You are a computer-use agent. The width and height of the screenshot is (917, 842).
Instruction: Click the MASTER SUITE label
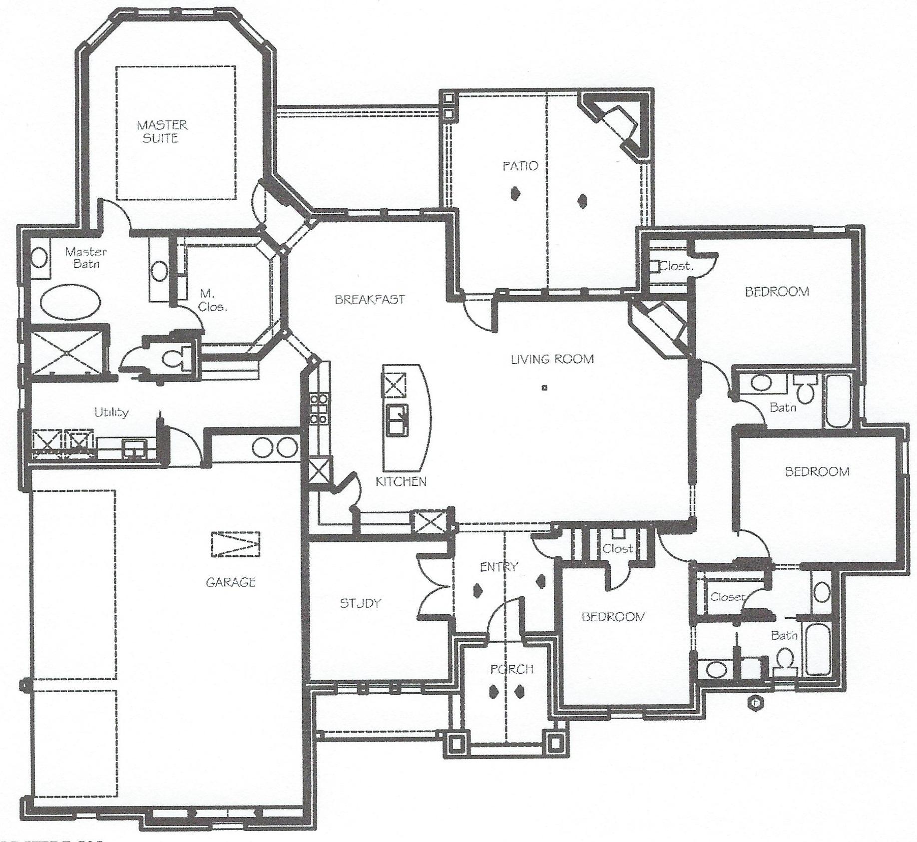(162, 131)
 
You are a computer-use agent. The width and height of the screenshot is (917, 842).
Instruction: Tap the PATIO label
(520, 166)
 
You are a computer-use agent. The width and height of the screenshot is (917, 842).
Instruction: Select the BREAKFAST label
(370, 300)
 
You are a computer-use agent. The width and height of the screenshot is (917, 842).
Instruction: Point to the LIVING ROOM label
(552, 359)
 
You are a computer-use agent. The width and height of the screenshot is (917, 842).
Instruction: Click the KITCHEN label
(401, 481)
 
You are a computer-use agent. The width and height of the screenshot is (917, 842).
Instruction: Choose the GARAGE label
(231, 582)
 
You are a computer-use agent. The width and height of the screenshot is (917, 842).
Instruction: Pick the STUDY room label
(360, 603)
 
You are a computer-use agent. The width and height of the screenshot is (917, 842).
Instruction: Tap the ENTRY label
(498, 567)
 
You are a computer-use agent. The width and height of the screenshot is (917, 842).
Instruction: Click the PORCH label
(511, 669)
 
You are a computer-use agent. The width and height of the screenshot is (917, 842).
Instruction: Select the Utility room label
(112, 412)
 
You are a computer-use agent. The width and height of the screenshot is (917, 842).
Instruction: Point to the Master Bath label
(86, 257)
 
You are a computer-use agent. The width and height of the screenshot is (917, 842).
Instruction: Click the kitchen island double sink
(396, 420)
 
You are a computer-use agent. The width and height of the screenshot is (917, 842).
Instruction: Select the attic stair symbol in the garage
(236, 544)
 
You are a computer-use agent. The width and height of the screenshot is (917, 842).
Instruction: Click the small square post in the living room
(544, 387)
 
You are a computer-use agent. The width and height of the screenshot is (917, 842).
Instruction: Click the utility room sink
(134, 447)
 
